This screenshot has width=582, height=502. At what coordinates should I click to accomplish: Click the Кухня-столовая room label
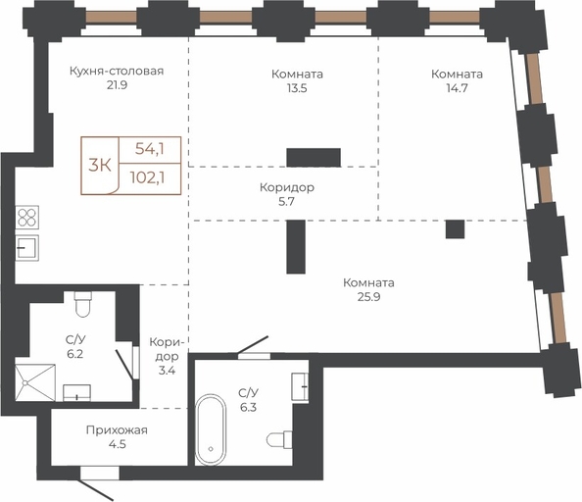tap(117, 71)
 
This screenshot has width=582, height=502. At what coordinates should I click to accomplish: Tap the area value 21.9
tap(117, 85)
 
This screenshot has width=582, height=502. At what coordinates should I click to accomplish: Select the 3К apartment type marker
tap(100, 165)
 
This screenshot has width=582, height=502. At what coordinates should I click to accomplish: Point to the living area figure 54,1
tap(150, 149)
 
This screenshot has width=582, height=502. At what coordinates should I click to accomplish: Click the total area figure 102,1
tap(147, 177)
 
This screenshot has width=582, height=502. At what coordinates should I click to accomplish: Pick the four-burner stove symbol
tap(27, 218)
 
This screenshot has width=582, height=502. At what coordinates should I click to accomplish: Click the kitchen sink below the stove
tap(26, 248)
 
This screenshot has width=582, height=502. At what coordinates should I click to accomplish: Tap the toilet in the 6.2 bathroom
tap(82, 304)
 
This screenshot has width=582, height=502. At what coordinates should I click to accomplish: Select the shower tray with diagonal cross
tap(35, 382)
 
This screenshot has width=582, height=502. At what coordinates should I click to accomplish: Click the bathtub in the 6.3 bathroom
tap(211, 429)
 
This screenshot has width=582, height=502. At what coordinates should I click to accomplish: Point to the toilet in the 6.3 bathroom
tap(279, 440)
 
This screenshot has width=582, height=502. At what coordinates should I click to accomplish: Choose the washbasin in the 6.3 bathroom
tap(300, 386)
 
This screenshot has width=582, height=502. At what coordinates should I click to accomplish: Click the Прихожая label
tap(117, 430)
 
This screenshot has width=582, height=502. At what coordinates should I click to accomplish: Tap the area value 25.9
tap(369, 297)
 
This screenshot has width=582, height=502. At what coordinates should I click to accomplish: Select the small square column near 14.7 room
tap(455, 229)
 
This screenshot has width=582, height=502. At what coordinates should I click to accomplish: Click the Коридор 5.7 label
tap(287, 194)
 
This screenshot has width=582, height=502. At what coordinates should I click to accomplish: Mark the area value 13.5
tap(297, 88)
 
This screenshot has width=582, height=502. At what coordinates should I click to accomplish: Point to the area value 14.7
tap(457, 88)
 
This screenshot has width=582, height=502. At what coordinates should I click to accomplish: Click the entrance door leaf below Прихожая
tap(97, 490)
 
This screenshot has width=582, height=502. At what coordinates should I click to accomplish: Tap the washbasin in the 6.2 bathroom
tap(76, 393)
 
